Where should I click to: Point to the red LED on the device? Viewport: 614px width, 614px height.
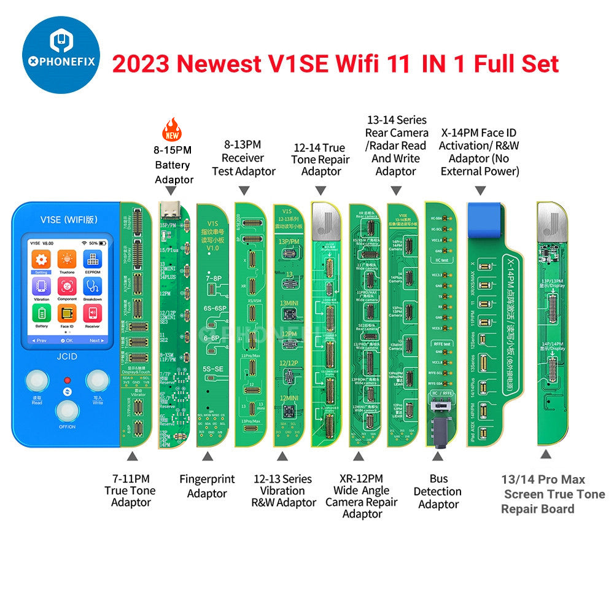pos(68,379)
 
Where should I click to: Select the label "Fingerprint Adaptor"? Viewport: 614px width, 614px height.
pos(207,486)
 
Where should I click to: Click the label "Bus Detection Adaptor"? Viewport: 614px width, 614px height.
pos(437,491)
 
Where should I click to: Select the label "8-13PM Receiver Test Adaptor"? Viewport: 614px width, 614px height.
pos(244,158)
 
